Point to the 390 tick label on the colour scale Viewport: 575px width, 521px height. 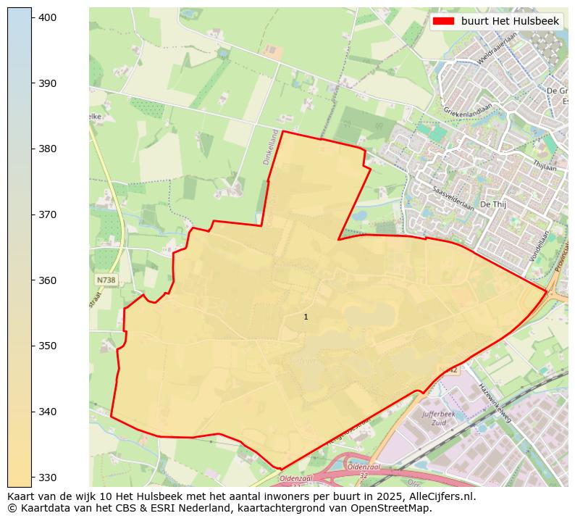click(x=48, y=83)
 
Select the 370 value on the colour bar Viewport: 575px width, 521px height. click(x=48, y=214)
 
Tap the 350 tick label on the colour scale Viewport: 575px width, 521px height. click(x=48, y=346)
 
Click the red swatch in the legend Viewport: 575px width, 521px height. click(x=443, y=22)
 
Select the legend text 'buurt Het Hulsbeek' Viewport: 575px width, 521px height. click(x=510, y=22)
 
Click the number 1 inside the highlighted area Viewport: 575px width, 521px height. click(x=306, y=317)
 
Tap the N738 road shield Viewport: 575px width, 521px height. click(x=105, y=280)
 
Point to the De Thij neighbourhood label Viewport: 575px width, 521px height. click(x=492, y=204)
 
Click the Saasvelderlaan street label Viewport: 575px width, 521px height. click(x=453, y=198)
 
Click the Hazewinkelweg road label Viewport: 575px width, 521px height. click(x=495, y=403)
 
